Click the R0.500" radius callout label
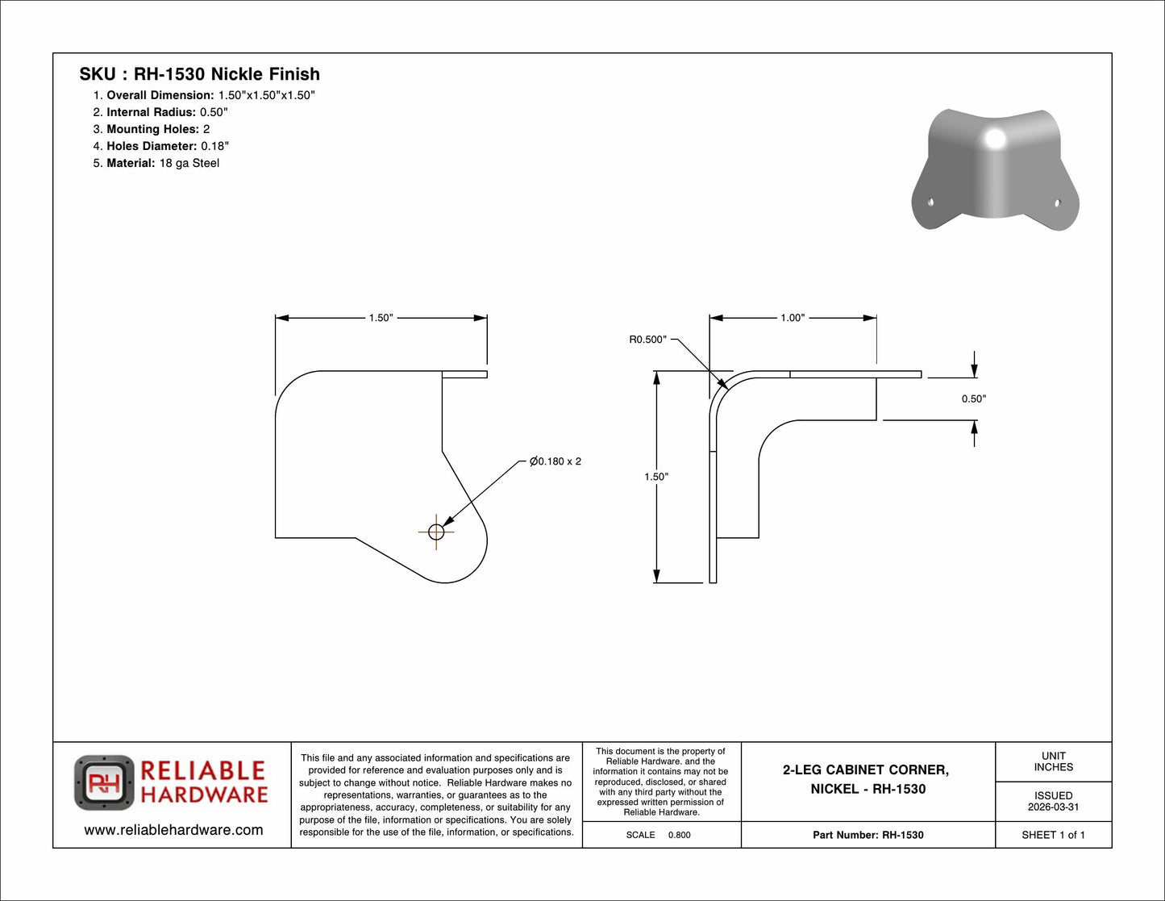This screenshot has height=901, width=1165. [647, 340]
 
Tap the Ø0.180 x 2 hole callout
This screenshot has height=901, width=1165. [555, 461]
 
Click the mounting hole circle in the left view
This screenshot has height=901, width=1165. [436, 532]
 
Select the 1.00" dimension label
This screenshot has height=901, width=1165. [793, 318]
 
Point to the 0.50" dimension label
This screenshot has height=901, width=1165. [974, 399]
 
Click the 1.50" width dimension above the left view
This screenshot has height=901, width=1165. [381, 318]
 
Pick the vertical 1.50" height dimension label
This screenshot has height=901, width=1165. [656, 477]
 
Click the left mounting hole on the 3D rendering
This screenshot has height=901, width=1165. [930, 202]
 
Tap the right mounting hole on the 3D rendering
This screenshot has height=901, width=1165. [1058, 202]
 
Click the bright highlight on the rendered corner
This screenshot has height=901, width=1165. [995, 139]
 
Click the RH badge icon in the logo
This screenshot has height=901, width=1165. [104, 782]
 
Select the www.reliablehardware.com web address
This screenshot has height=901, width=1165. [173, 830]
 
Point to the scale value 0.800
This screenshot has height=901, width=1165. [680, 835]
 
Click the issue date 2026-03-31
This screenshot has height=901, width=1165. [1053, 807]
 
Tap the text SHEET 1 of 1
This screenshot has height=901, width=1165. [1053, 835]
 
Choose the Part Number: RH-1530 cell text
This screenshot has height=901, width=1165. [868, 835]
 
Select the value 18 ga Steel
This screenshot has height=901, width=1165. [189, 163]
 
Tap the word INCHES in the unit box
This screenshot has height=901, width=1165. [1053, 767]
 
